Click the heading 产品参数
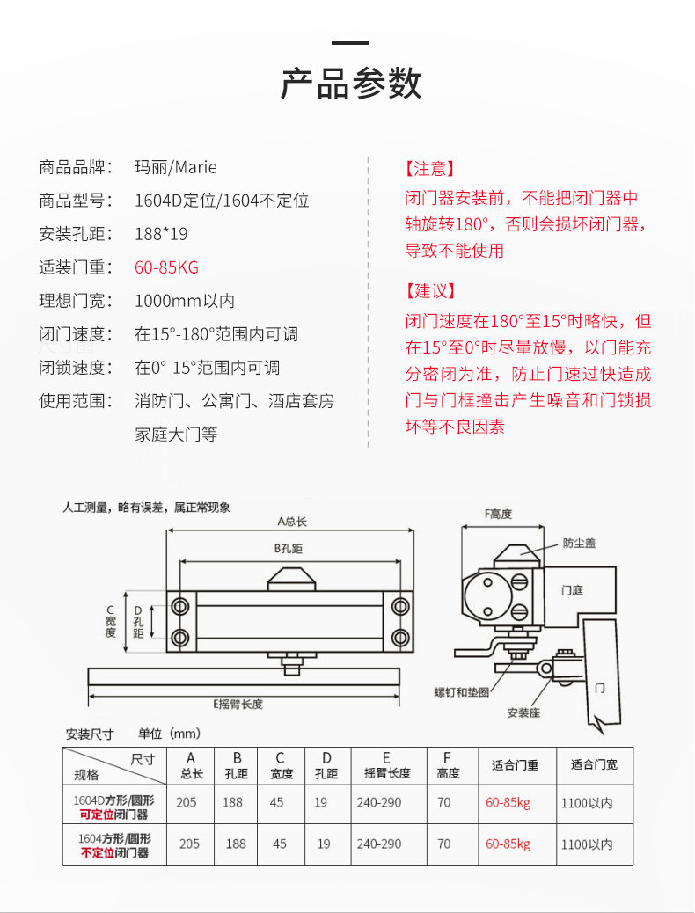351,83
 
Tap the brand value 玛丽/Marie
175,167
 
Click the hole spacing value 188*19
161,234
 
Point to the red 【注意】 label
430,168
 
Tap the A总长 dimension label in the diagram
291,522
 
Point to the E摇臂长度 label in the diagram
238,704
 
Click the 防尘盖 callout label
579,544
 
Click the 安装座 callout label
523,712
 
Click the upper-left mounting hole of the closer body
181,606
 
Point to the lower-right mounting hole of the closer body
400,637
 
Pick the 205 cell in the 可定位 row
187,802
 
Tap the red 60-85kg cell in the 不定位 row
508,844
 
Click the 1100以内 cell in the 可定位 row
587,803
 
